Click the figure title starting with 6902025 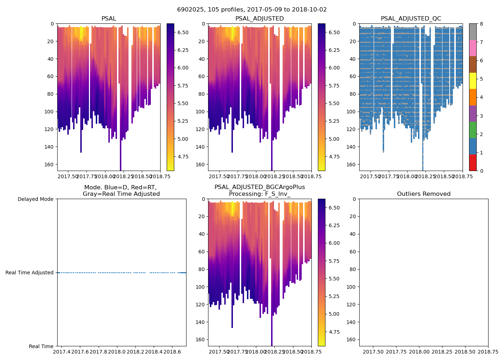coord(252,10)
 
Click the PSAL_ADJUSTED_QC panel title coord(411,19)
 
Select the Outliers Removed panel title coord(424,194)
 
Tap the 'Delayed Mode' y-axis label coord(36,199)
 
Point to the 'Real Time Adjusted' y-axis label coord(30,273)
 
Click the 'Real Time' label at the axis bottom coord(41,346)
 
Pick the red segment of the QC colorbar coord(473,162)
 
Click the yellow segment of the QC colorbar coord(473,81)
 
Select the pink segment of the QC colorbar coord(473,48)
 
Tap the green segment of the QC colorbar coord(473,130)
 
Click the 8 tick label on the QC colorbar coord(481,24)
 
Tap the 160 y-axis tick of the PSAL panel coord(50,164)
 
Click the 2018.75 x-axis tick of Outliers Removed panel coord(488,351)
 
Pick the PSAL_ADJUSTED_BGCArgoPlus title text coord(260,187)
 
